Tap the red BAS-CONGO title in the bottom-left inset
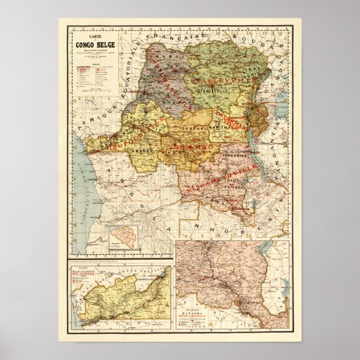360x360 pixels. pyautogui.click(x=87, y=278)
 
